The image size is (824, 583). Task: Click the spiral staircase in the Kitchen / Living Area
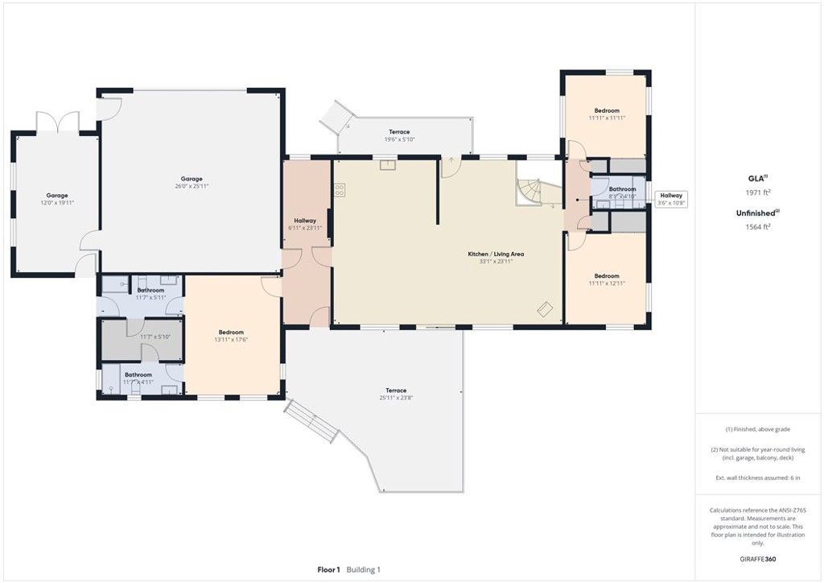(530, 192)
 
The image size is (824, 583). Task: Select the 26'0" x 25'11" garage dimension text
(191, 186)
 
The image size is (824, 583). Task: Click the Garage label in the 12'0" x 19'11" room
(56, 196)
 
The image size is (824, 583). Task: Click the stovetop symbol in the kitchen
(340, 191)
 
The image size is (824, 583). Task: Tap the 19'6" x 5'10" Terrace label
(399, 132)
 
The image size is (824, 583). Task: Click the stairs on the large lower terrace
(311, 420)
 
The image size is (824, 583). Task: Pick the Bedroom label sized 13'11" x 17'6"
(231, 333)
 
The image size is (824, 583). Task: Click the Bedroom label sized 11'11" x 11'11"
(607, 111)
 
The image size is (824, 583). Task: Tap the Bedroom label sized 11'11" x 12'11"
(607, 276)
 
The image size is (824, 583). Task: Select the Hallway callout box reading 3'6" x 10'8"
(671, 199)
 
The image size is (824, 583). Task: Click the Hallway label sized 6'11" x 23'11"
(305, 221)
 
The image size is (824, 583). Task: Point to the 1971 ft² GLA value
(759, 192)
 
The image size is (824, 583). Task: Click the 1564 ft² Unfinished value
(759, 226)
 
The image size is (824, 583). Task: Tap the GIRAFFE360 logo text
(759, 559)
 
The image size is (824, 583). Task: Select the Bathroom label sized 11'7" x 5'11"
(150, 291)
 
